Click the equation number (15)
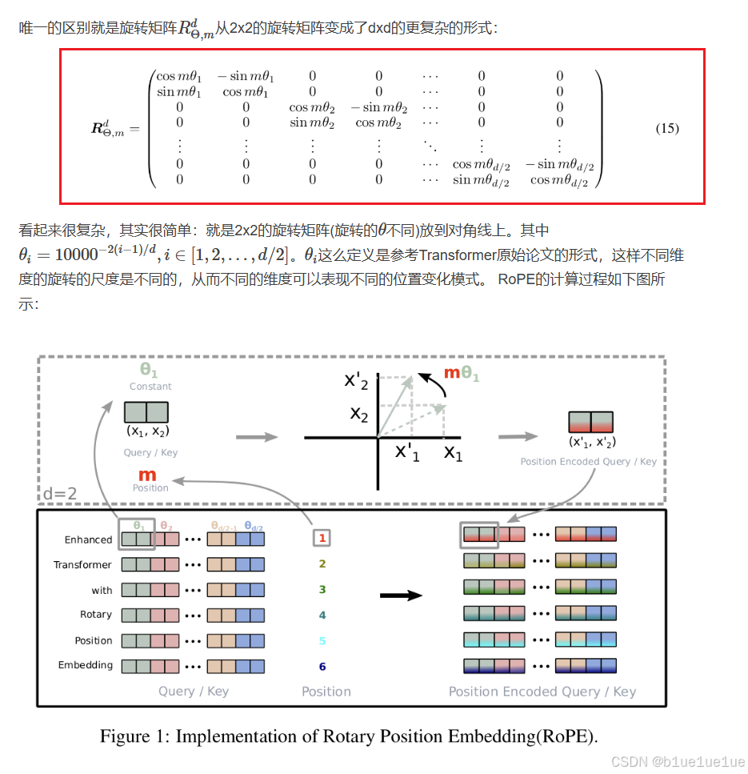click(x=667, y=128)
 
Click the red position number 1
click(x=322, y=539)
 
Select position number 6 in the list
click(x=322, y=666)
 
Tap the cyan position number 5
click(x=322, y=640)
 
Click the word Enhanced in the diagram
click(x=88, y=539)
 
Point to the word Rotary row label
click(x=96, y=615)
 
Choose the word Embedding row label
click(x=86, y=665)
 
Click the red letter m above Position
click(x=147, y=475)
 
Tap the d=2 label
click(x=60, y=494)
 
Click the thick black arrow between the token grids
click(x=401, y=596)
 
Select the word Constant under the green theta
click(x=150, y=387)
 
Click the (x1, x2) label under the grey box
click(x=146, y=431)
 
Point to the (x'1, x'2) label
click(x=592, y=442)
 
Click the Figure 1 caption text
click(x=349, y=736)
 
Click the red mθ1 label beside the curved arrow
click(x=461, y=372)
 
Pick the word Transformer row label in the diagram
click(x=82, y=565)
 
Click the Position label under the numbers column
click(x=326, y=692)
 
